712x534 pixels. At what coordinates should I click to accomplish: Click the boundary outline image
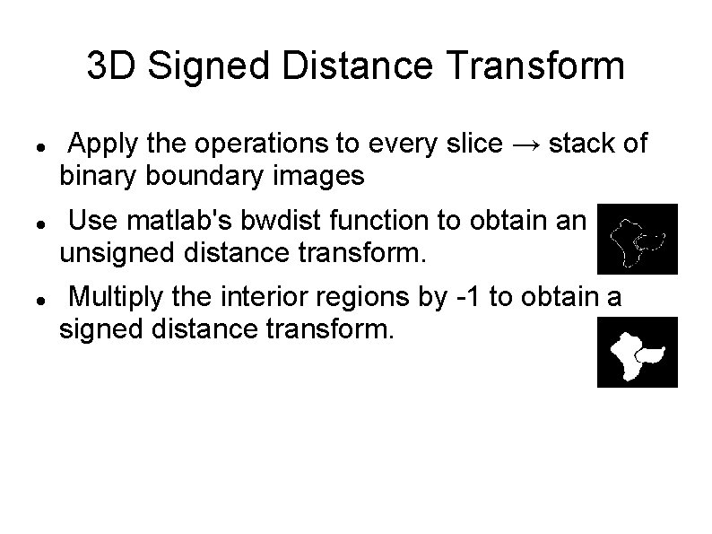(638, 238)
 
